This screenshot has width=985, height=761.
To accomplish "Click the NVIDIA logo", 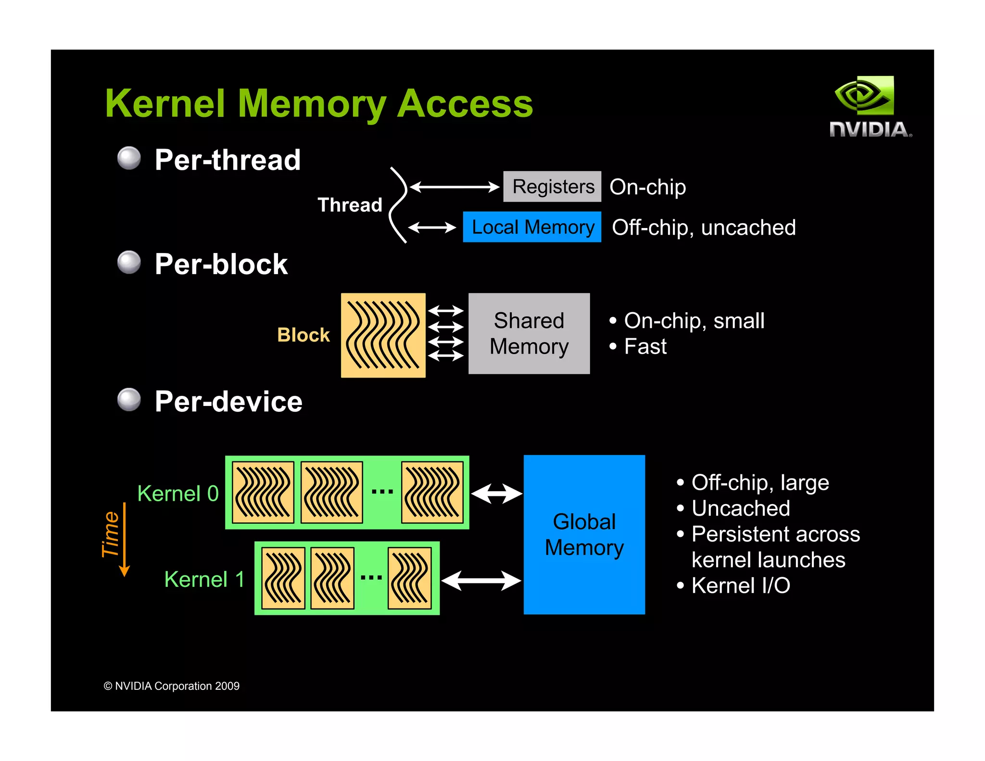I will pyautogui.click(x=870, y=107).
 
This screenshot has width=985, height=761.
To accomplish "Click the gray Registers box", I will pyautogui.click(x=552, y=187).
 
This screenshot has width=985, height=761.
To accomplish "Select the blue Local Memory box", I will pyautogui.click(x=532, y=227).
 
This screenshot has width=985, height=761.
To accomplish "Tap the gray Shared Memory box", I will pyautogui.click(x=529, y=333).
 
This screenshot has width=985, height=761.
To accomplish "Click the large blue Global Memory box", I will pyautogui.click(x=584, y=534).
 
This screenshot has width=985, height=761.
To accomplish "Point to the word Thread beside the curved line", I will pyautogui.click(x=350, y=205).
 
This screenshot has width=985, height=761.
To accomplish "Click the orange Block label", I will pyautogui.click(x=303, y=335).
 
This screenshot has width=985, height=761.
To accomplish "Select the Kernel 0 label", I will pyautogui.click(x=178, y=494).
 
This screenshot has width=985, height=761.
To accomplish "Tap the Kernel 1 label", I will pyautogui.click(x=204, y=579).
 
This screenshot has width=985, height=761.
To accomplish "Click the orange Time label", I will pyautogui.click(x=111, y=534).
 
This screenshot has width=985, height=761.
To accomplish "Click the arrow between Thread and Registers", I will pyautogui.click(x=455, y=187).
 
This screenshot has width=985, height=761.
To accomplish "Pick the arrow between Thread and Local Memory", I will pyautogui.click(x=432, y=227).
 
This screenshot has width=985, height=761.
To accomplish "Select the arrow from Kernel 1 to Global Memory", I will pyautogui.click(x=481, y=581).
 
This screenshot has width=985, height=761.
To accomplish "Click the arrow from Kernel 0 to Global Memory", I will pyautogui.click(x=497, y=494).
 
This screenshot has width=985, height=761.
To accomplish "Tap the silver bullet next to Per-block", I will pyautogui.click(x=129, y=263).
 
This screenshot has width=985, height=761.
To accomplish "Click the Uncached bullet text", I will pyautogui.click(x=741, y=508).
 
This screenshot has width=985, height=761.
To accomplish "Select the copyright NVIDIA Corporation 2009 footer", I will pyautogui.click(x=172, y=686).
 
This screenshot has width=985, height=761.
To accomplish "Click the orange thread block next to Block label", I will pyautogui.click(x=383, y=335).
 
